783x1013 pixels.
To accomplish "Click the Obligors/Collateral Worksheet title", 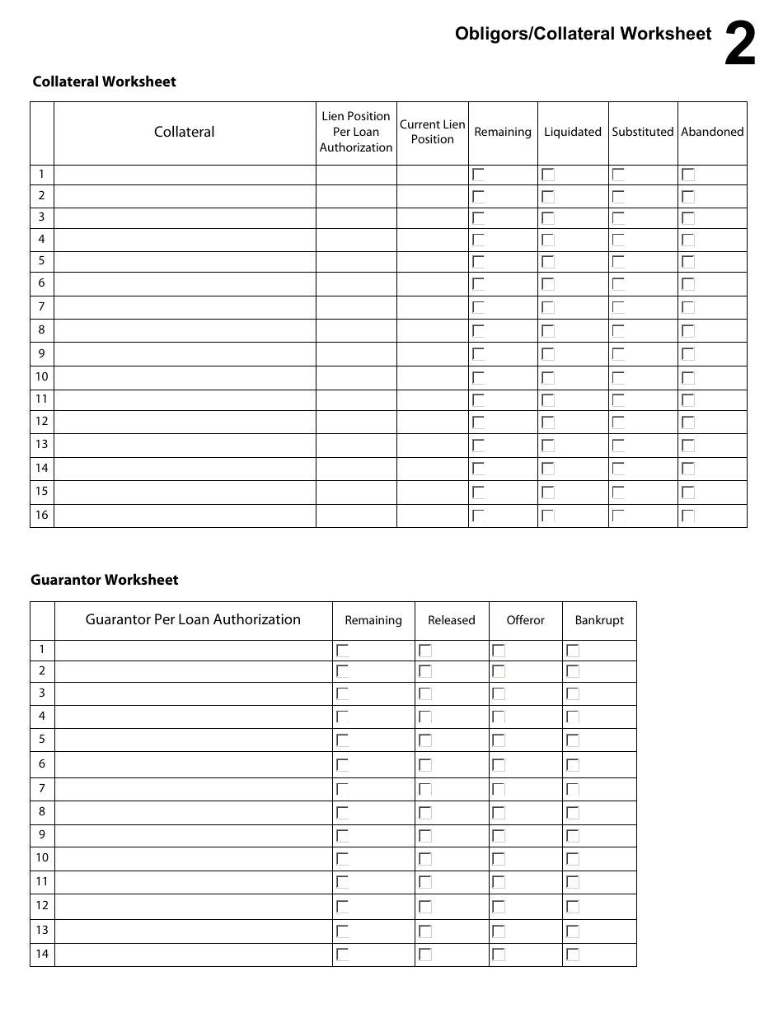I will pyautogui.click(x=583, y=34).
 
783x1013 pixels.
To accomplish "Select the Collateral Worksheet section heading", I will pyautogui.click(x=104, y=82).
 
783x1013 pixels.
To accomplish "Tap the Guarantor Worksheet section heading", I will pyautogui.click(x=105, y=580).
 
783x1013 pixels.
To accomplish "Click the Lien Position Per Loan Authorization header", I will pyautogui.click(x=356, y=132).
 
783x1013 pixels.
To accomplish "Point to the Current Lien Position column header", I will pyautogui.click(x=432, y=132).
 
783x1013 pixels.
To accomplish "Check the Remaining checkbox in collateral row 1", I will pyautogui.click(x=479, y=175).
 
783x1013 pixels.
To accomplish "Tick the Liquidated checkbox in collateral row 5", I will pyautogui.click(x=548, y=262).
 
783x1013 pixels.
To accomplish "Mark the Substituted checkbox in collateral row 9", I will pyautogui.click(x=618, y=354).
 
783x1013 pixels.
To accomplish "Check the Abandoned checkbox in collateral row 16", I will pyautogui.click(x=688, y=516).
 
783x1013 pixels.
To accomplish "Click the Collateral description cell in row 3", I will pyautogui.click(x=185, y=217).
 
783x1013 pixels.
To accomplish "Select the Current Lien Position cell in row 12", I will pyautogui.click(x=432, y=422).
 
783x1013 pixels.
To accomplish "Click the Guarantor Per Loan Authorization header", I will pyautogui.click(x=193, y=620).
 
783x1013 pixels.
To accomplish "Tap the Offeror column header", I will pyautogui.click(x=525, y=620).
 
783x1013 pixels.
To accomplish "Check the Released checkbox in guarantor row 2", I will pyautogui.click(x=425, y=671).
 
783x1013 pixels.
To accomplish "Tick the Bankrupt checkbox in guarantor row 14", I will pyautogui.click(x=573, y=955).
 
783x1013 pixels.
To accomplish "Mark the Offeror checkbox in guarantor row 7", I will pyautogui.click(x=499, y=790).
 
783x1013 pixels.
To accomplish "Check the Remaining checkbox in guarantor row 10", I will pyautogui.click(x=343, y=859).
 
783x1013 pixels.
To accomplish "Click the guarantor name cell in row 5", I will pyautogui.click(x=193, y=740).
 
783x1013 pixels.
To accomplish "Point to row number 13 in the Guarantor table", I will pyautogui.click(x=42, y=931).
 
